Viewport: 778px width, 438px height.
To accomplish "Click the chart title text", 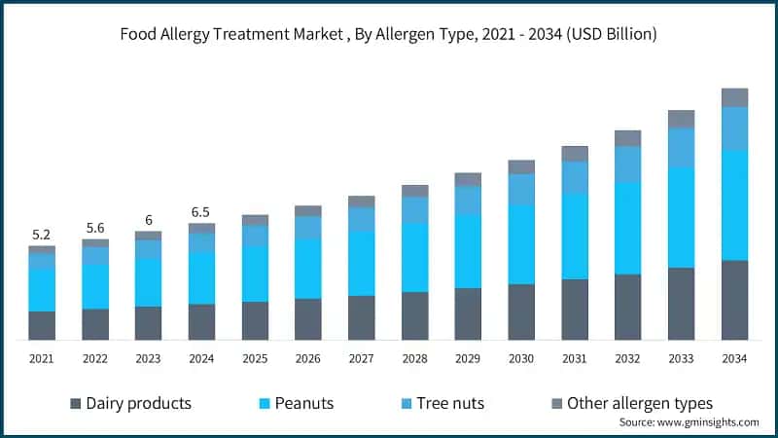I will (388, 35).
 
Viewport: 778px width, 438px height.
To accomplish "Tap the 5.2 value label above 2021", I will (41, 235).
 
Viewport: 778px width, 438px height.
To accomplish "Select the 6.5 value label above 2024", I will (201, 211).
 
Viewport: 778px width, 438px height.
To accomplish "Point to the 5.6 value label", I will (94, 227).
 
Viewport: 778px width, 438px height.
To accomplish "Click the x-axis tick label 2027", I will (361, 359).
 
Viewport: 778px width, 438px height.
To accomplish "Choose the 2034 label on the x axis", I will (734, 359).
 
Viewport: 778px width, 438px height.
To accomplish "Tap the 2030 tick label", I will (521, 359).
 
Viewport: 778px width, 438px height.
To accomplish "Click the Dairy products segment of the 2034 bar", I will (734, 300).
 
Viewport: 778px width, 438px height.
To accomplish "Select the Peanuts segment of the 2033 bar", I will (681, 217).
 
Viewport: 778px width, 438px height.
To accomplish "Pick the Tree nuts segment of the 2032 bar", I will (627, 164).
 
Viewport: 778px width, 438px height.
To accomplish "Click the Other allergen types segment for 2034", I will (734, 97).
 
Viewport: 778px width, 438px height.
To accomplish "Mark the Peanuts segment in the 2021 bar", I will (41, 290).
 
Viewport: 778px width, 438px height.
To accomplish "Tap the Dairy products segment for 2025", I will (255, 320).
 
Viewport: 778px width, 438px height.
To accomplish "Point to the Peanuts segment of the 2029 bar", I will (468, 251).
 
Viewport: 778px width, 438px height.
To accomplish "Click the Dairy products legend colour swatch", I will (75, 403).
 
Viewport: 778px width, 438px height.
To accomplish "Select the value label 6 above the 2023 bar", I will (148, 220).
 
